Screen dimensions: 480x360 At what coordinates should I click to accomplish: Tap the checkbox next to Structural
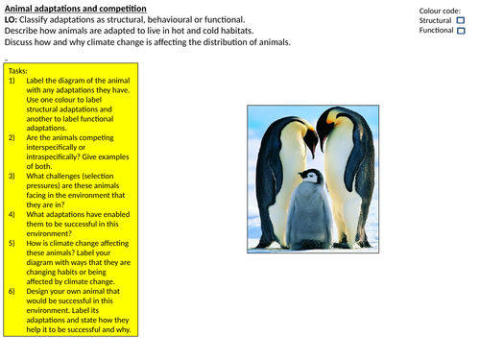(x=460, y=19)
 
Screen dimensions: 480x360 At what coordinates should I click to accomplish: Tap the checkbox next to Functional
(x=460, y=31)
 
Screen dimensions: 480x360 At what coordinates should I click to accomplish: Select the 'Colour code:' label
(x=441, y=9)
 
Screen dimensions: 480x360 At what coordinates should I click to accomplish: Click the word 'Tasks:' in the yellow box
(x=18, y=71)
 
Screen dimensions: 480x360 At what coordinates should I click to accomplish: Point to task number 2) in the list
(x=12, y=137)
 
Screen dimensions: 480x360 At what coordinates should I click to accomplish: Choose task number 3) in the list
(x=12, y=178)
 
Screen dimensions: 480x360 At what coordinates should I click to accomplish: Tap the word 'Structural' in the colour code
(x=436, y=19)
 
